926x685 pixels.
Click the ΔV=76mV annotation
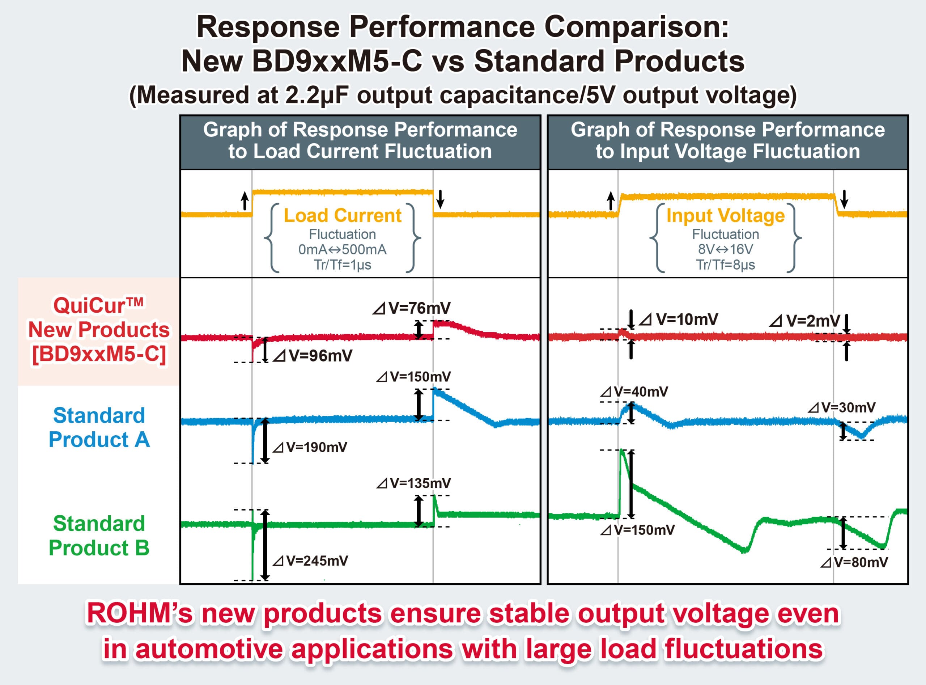point(411,308)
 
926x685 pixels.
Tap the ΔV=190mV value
point(310,447)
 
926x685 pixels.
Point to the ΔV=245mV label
point(310,561)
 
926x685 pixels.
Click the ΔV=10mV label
point(679,319)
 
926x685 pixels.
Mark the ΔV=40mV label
point(634,392)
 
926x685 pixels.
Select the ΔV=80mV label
point(854,562)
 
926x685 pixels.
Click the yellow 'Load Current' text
point(343,215)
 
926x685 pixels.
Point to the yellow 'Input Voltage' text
point(725,215)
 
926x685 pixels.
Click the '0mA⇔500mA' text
point(343,250)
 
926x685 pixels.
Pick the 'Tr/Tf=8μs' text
point(725,265)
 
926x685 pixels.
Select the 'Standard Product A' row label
point(99,427)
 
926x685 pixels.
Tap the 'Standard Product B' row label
point(99,536)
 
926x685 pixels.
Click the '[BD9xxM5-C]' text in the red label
point(99,354)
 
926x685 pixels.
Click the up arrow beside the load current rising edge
point(245,201)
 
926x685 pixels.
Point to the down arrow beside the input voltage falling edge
point(844,199)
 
